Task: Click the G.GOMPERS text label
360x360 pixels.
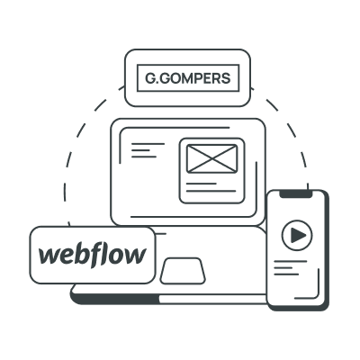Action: tap(188, 78)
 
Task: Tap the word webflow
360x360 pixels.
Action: tap(93, 255)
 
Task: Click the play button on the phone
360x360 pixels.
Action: tap(297, 235)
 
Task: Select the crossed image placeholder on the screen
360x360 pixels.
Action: tap(212, 158)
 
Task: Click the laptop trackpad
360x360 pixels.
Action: tap(183, 271)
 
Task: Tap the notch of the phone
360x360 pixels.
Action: tap(296, 194)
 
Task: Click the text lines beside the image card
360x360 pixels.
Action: tap(148, 150)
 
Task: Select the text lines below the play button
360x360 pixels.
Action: tap(290, 267)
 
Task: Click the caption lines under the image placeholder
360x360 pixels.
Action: tap(211, 187)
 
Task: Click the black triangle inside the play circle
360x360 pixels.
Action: tap(298, 236)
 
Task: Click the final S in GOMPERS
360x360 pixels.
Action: tap(226, 78)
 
